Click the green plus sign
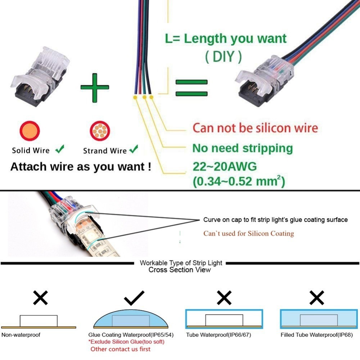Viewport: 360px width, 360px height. click(95, 87)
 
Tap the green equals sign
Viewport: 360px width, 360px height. click(192, 88)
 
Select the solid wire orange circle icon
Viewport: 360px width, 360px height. click(30, 131)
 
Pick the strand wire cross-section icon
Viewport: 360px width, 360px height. click(100, 131)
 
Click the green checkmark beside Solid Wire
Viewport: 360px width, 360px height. click(60, 149)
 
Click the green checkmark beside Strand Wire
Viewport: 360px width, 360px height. click(134, 149)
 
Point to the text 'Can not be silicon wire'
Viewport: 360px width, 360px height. click(255, 128)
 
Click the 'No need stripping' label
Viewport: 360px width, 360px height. click(242, 148)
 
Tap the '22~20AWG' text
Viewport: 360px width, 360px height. click(225, 166)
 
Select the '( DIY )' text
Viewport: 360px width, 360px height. click(224, 57)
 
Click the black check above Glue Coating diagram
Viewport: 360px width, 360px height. click(134, 298)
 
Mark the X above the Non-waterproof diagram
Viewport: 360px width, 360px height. click(40, 298)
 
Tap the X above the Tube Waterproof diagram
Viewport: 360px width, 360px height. click(224, 298)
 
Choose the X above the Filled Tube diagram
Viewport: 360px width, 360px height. click(316, 298)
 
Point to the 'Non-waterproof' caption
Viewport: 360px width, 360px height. click(21, 335)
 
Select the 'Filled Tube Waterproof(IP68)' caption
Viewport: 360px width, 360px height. click(316, 335)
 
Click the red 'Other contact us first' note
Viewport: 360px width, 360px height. click(120, 349)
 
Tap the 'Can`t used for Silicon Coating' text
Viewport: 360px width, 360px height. click(249, 234)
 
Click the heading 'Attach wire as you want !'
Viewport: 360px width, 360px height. click(81, 167)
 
